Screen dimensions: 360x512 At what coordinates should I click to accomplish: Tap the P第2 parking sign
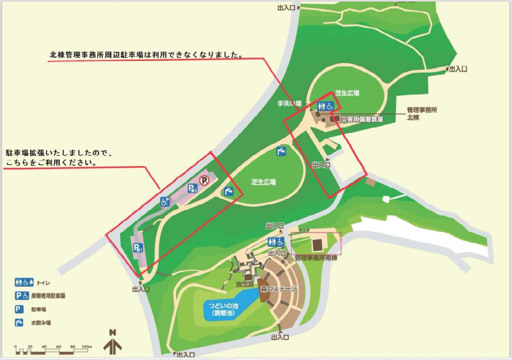(x=192, y=189)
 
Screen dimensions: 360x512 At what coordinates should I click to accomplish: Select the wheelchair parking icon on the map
(x=164, y=202)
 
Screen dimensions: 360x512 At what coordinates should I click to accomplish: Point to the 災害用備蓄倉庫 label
(x=361, y=119)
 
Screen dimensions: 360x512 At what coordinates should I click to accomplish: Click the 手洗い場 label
(x=290, y=103)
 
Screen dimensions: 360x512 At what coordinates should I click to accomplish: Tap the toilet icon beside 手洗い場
(x=326, y=106)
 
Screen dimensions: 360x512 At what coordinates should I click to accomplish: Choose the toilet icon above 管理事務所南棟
(x=276, y=242)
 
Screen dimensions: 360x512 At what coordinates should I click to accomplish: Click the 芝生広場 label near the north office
(x=347, y=93)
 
